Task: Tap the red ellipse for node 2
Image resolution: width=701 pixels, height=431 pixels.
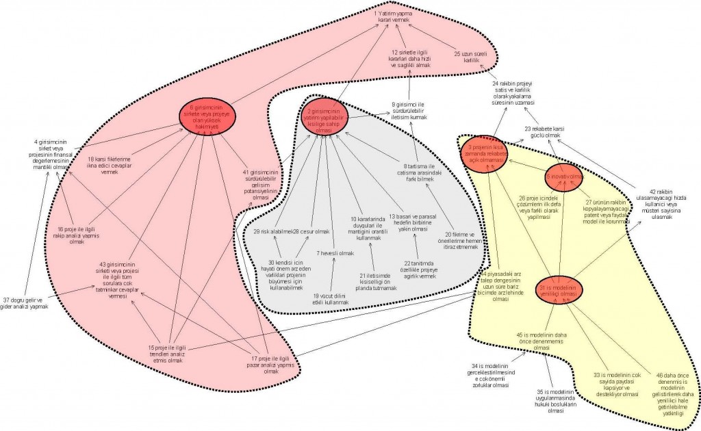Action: [323, 116]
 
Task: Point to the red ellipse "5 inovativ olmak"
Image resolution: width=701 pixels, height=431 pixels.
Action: [563, 177]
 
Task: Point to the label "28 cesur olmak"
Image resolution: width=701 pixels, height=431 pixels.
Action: [306, 231]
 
